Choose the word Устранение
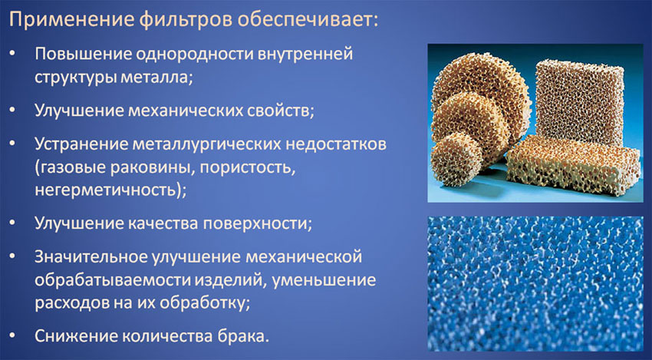[81, 144]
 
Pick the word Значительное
[91, 257]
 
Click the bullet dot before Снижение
[13, 335]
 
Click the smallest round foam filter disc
[456, 159]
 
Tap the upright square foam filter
[579, 101]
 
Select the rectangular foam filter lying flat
[573, 165]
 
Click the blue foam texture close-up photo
[535, 283]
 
